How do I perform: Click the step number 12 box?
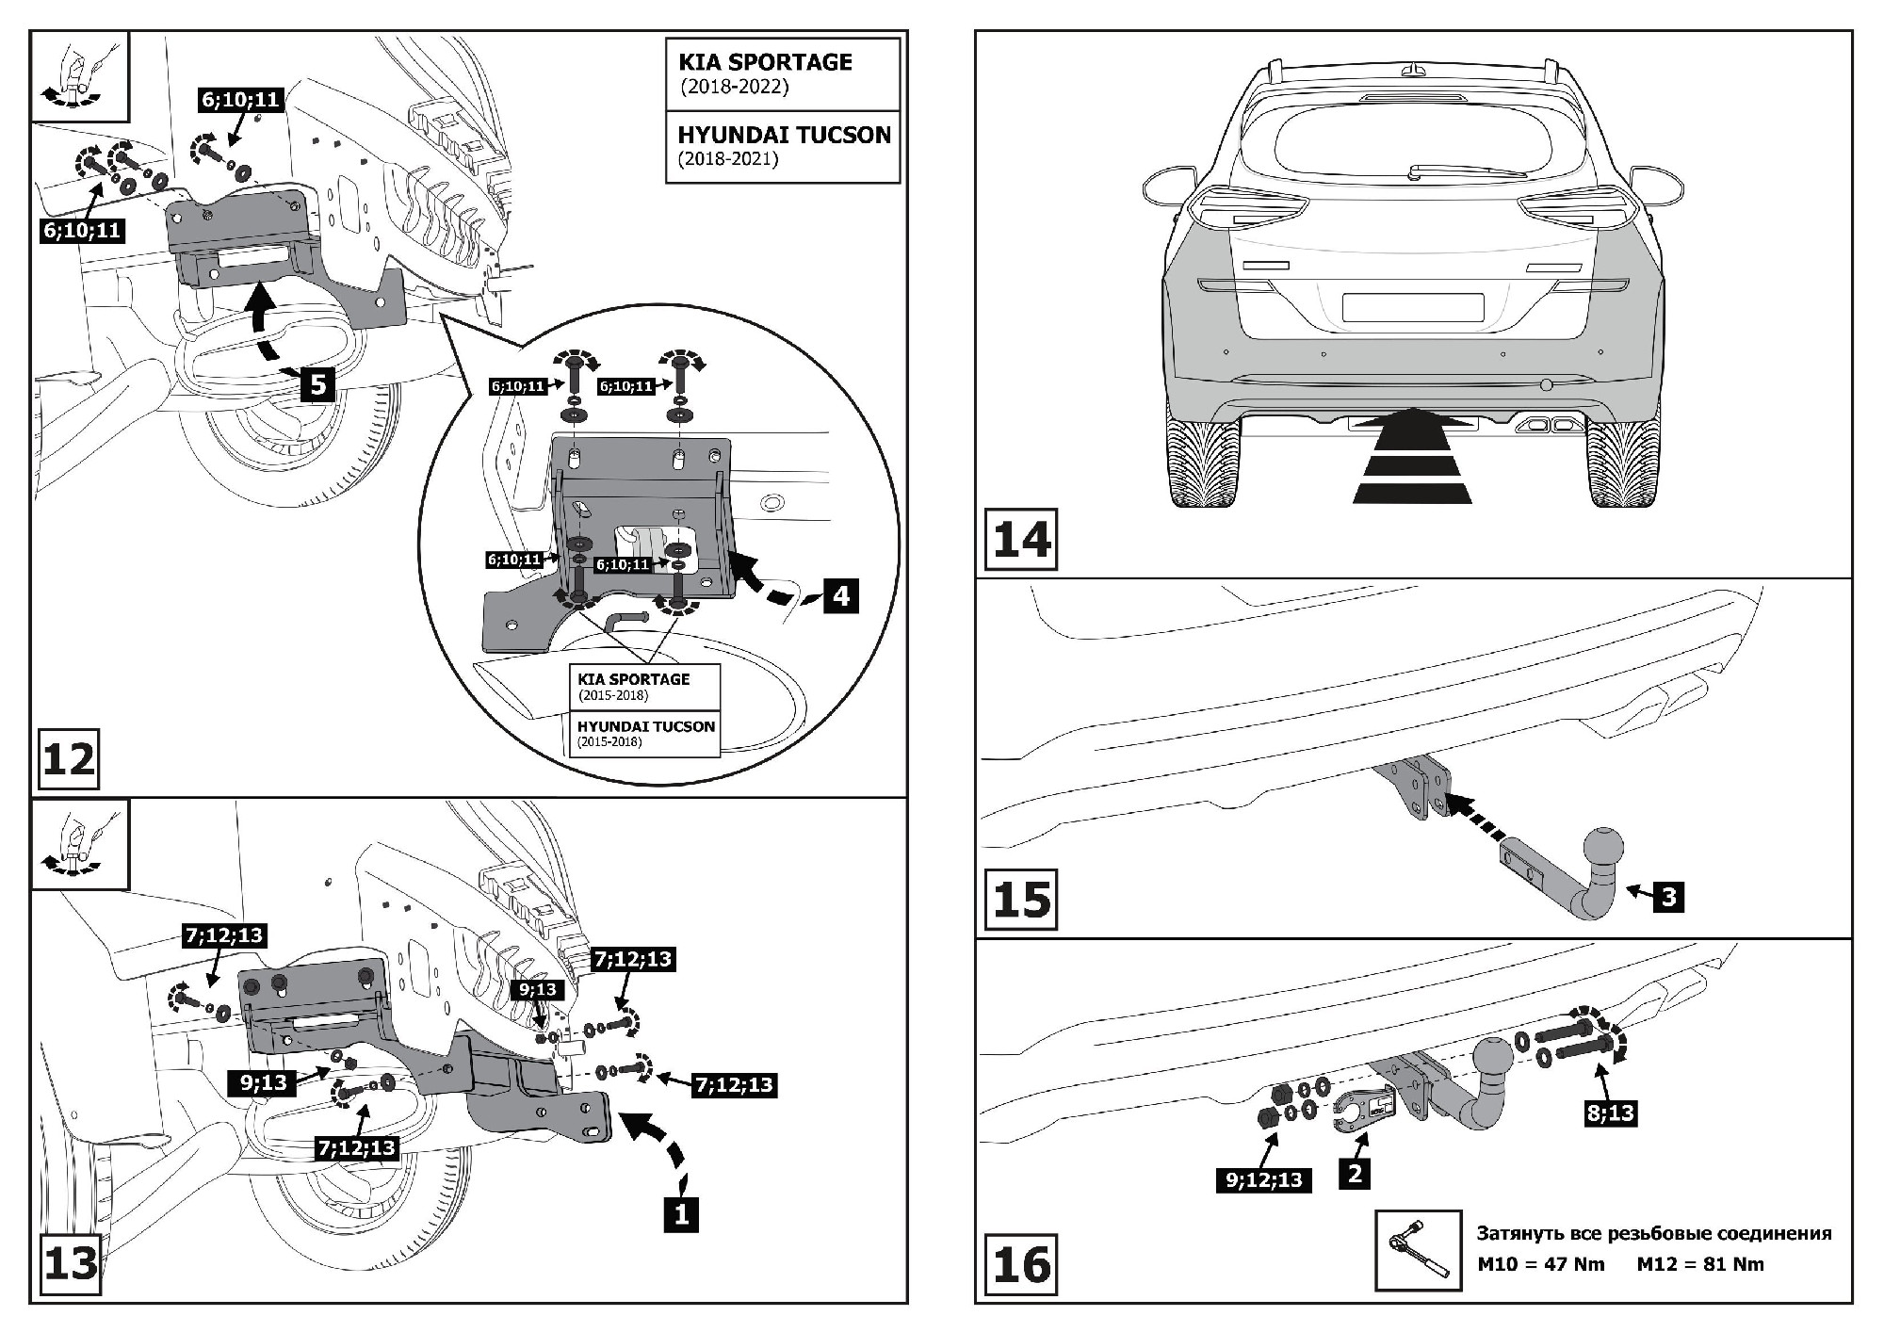coord(69,759)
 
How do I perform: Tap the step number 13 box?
coord(71,1262)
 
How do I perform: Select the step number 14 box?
coord(1021,540)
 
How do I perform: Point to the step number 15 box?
coord(1021,899)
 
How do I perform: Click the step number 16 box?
coord(1021,1263)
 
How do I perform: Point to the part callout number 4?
coord(840,595)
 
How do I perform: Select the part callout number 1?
coord(681,1214)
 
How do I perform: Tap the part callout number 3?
coord(1668,896)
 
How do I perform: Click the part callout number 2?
coord(1355,1173)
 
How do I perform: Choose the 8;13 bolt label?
coord(1611,1113)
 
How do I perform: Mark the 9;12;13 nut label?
coord(1264,1178)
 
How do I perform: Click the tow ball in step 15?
coord(1604,843)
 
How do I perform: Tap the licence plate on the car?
coord(1412,307)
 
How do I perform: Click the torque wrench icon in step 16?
coord(1418,1249)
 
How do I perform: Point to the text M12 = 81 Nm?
coord(1699,1264)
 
